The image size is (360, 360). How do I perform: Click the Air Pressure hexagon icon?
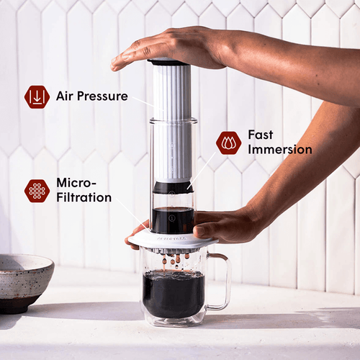tap(37, 96)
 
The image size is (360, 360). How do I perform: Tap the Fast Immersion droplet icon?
tap(228, 143)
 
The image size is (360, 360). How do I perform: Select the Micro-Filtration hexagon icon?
tap(37, 191)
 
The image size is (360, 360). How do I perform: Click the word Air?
tap(67, 96)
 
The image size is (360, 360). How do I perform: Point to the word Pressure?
tap(104, 96)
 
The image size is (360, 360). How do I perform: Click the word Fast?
tap(261, 135)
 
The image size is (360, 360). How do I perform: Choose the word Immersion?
tap(280, 150)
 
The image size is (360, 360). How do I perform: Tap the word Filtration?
tap(84, 197)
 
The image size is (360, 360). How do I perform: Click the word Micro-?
tap(75, 183)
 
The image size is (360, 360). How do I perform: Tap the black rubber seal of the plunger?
tap(173, 187)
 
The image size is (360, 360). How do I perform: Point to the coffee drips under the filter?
tap(173, 258)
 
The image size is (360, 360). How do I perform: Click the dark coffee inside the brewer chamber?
tap(173, 220)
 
